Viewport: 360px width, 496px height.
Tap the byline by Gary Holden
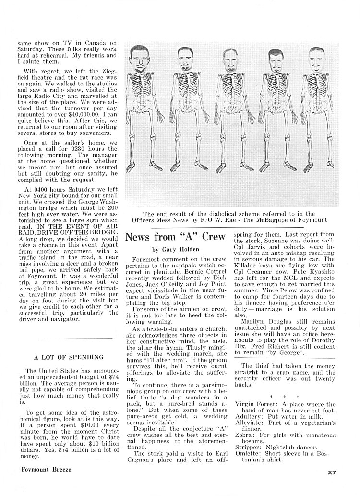pyautogui.click(x=168, y=250)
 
